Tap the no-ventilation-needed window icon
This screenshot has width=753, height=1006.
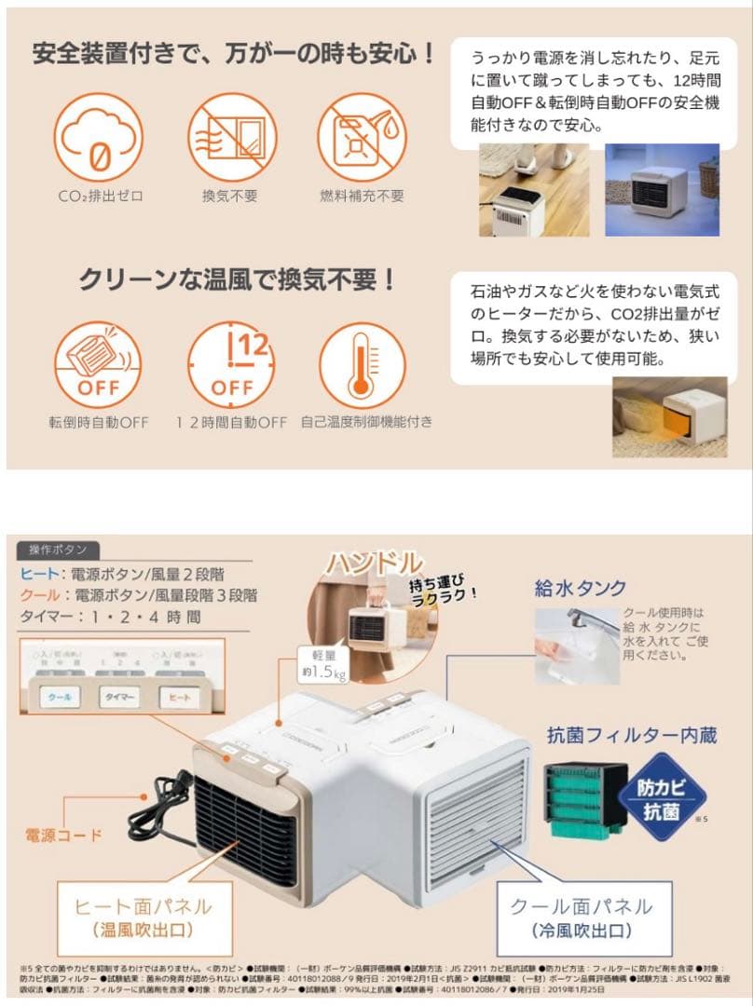pyautogui.click(x=228, y=138)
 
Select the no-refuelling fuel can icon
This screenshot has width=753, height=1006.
pyautogui.click(x=361, y=138)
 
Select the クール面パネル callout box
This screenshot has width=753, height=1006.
pyautogui.click(x=582, y=917)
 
